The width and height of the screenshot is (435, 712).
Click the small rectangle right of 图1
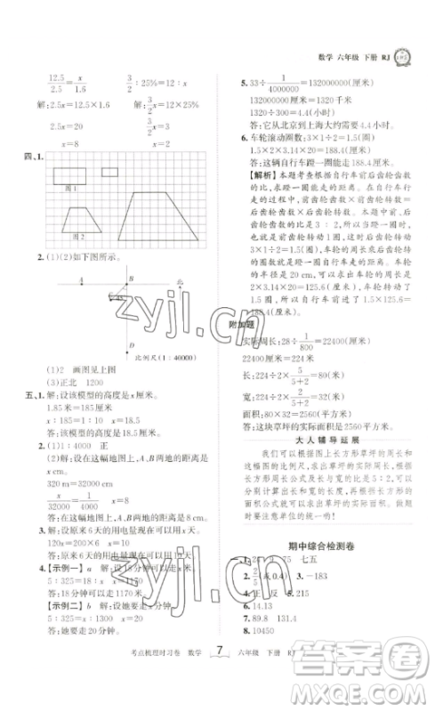(x=109, y=172)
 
